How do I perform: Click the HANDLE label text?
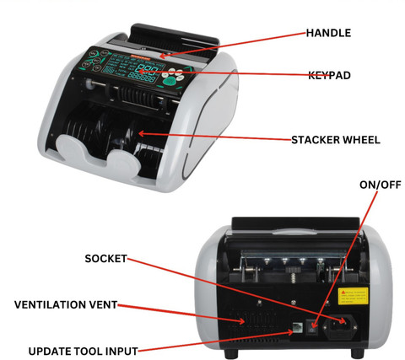328,33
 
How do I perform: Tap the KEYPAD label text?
329,75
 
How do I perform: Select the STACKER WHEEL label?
336,140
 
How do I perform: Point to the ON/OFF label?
381,185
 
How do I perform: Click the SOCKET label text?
105,259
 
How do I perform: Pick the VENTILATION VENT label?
66,304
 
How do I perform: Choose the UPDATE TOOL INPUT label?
84,352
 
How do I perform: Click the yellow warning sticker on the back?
353,296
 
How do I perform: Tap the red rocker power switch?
311,326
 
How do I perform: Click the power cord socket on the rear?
341,325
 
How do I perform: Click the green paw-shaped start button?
170,82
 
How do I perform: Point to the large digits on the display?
148,69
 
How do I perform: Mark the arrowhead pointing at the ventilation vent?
241,321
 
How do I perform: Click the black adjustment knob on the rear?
293,270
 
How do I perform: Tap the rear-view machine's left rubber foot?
231,353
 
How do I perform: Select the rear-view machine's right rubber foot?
357,353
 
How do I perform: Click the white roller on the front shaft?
89,83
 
